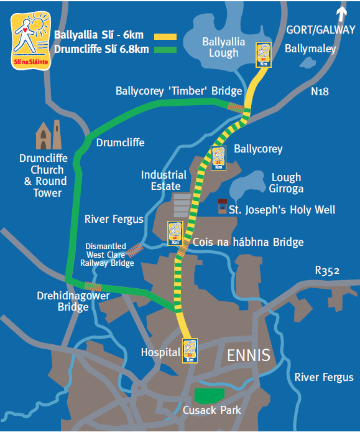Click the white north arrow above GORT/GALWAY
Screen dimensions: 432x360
pos(341,12)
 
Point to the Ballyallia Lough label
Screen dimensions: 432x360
pos(224,47)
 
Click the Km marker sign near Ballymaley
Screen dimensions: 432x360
pos(264,54)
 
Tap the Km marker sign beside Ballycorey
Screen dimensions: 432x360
pos(218,157)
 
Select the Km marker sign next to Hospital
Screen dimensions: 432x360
pos(190,350)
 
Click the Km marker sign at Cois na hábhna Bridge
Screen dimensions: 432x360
pos(175,233)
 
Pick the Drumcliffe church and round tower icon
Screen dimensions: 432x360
pos(49,136)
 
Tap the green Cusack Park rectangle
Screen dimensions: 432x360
pos(210,395)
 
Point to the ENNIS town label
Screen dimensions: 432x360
pos(249,356)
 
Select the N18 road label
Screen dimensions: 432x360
pos(320,92)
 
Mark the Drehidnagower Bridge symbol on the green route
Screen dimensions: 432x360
pos(94,286)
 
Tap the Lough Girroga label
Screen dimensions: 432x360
pos(285,182)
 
